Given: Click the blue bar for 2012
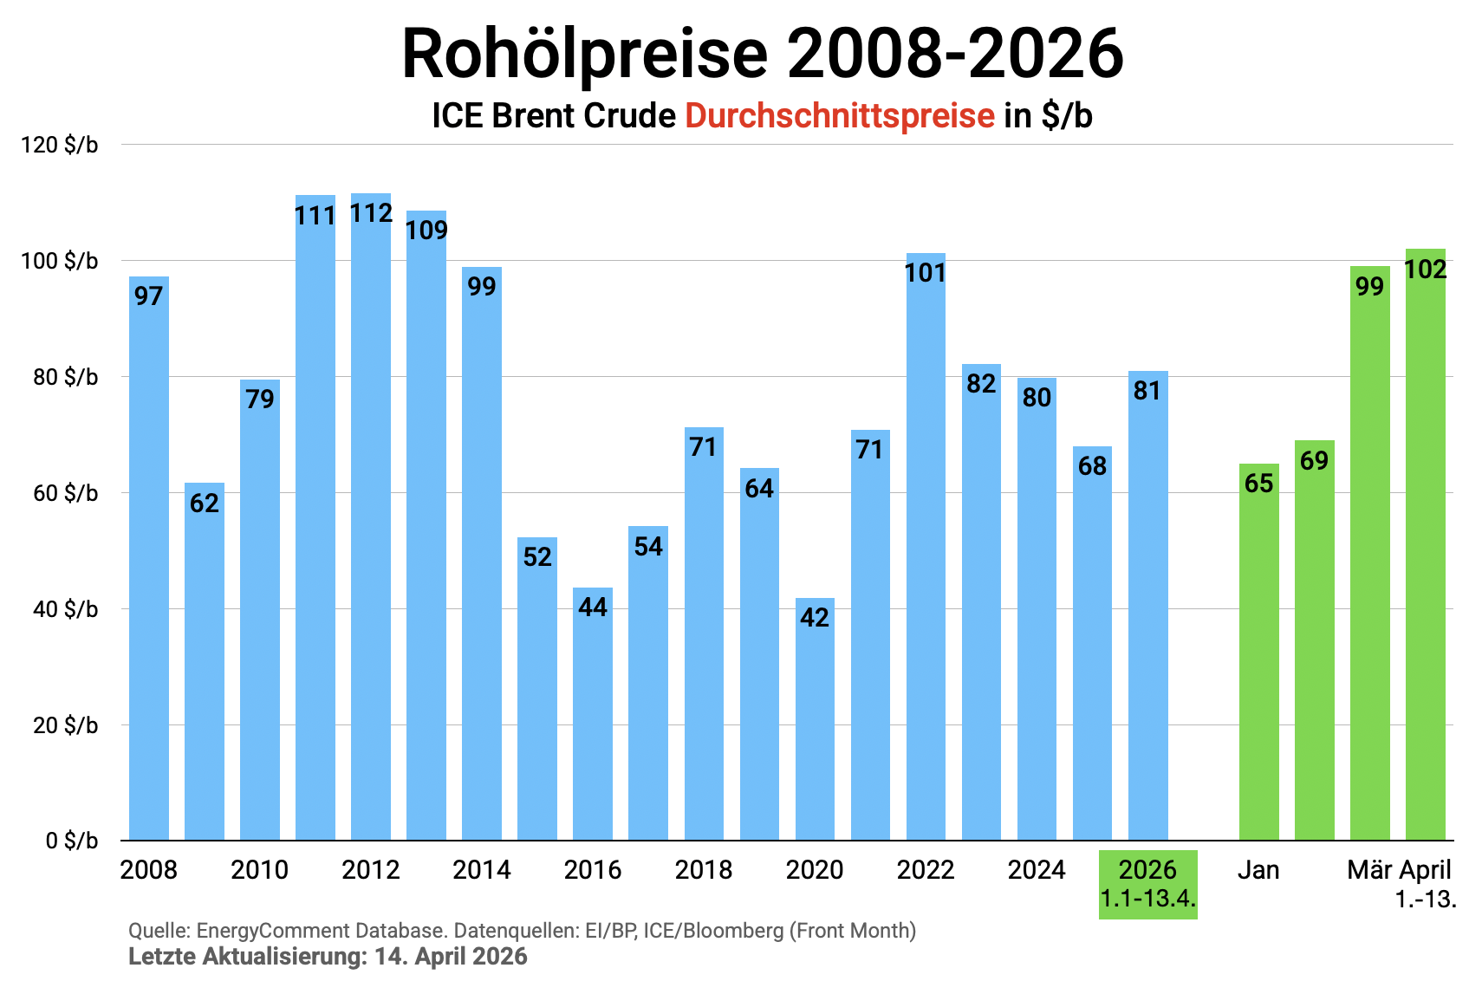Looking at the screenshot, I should click(x=371, y=520).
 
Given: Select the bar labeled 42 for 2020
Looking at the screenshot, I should click(x=815, y=719).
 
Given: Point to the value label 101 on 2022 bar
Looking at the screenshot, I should click(x=926, y=273).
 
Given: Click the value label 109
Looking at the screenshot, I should click(x=426, y=230).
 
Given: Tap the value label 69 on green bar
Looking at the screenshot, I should click(x=1314, y=460).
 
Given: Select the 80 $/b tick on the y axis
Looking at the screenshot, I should click(x=66, y=377).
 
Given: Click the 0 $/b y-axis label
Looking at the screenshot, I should click(x=72, y=841).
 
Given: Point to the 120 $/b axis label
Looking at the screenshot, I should click(x=60, y=145).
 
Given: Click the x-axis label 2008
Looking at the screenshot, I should click(x=148, y=869).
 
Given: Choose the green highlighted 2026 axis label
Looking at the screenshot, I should click(x=1147, y=884).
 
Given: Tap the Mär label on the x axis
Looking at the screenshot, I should click(x=1369, y=869).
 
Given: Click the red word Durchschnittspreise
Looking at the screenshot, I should click(x=839, y=115).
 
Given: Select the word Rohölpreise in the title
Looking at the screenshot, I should click(x=585, y=54).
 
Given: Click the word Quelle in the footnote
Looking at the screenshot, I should click(x=159, y=931).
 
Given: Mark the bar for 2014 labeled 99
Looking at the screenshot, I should click(x=482, y=555).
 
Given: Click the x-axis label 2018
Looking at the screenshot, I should click(x=704, y=869).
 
